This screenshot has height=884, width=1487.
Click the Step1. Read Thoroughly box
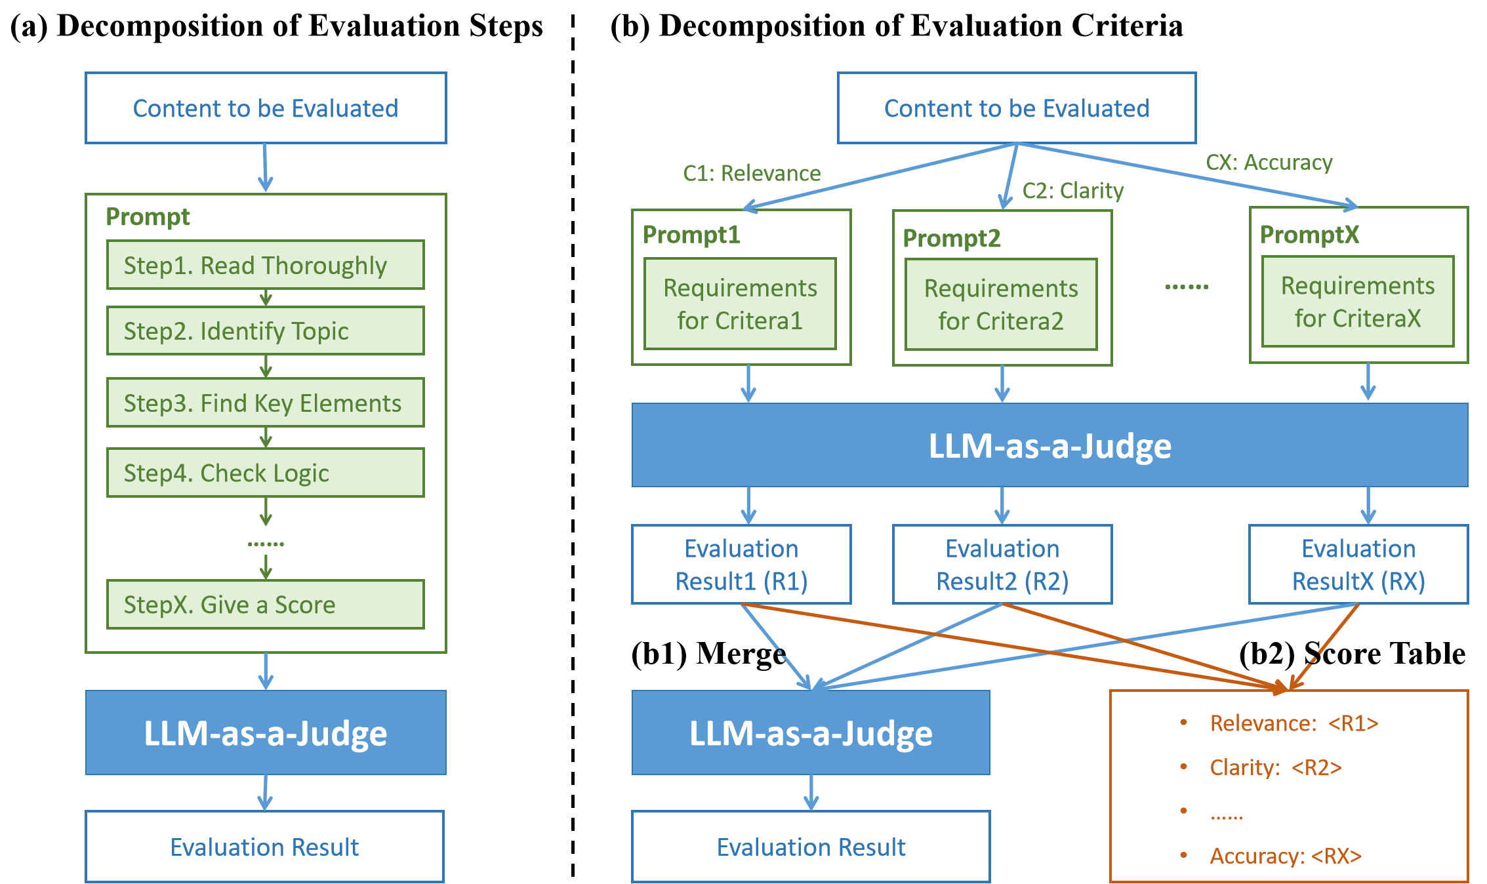pos(266,265)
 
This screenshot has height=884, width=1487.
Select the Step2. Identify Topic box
pos(266,331)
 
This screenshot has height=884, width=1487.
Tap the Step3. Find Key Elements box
pos(266,403)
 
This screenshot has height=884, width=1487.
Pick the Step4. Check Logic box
pos(266,473)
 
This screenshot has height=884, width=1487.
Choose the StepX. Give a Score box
pos(266,604)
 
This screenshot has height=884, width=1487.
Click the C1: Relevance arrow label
pos(752,173)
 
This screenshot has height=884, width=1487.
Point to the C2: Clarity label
pos(1073,191)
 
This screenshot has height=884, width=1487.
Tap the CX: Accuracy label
pos(1269,162)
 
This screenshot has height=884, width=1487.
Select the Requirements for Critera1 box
pos(740,304)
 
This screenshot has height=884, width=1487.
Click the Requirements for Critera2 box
pos(1001,304)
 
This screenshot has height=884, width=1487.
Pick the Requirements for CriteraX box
pos(1358,302)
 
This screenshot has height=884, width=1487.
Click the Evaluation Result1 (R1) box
pos(741,564)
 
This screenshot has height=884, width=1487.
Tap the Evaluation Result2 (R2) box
pos(1002,564)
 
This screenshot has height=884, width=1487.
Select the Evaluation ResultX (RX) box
pos(1358,564)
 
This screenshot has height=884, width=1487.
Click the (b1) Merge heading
pos(708,654)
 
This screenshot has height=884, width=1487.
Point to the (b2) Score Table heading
pos(1353,654)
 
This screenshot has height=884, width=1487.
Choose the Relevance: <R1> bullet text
pos(1294,723)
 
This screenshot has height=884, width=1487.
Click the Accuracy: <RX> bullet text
pos(1286,856)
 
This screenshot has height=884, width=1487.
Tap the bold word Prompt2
pos(952,238)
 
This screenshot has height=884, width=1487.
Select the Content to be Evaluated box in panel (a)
pos(266,108)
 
